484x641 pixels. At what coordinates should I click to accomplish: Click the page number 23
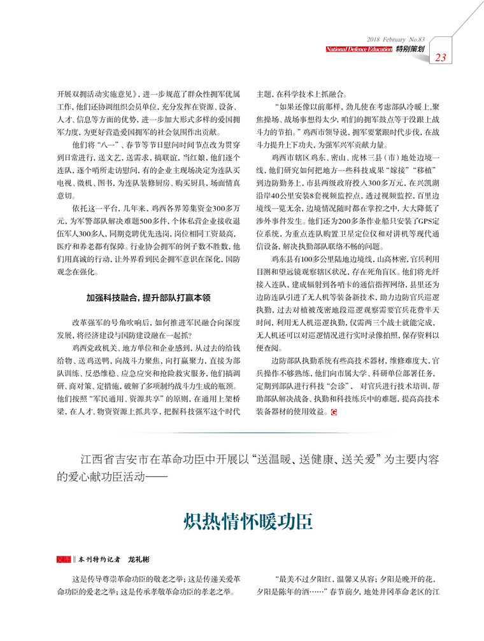tap(441, 58)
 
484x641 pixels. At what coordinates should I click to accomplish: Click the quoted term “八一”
tap(103, 146)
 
